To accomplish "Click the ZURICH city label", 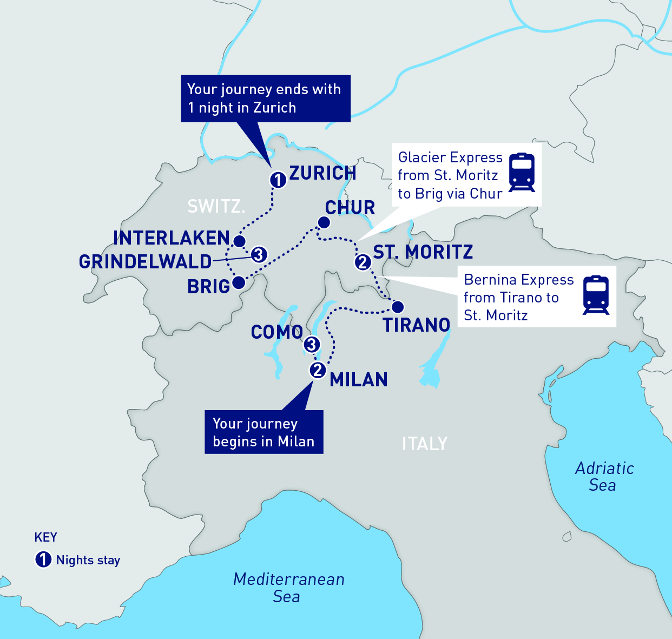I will click(322, 173).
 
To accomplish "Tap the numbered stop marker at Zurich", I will click(278, 180).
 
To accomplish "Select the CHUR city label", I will click(350, 208).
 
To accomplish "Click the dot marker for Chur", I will click(324, 222).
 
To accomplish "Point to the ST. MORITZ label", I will click(423, 252).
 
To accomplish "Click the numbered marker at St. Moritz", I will click(363, 262).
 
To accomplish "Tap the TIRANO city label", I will click(417, 325).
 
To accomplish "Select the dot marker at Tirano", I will click(398, 307).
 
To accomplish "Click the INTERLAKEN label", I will click(172, 238).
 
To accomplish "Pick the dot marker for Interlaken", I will click(239, 241).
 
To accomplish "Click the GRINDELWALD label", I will click(145, 262).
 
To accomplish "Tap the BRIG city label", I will click(208, 287).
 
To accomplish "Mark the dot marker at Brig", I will click(238, 282).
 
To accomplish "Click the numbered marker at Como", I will click(311, 344).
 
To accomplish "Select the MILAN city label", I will click(359, 380).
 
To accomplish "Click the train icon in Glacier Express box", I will click(522, 173).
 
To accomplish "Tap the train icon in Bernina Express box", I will click(596, 295).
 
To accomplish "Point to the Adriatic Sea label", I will click(604, 477).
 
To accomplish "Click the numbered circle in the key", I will click(43, 559).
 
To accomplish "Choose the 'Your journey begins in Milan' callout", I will click(263, 432).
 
